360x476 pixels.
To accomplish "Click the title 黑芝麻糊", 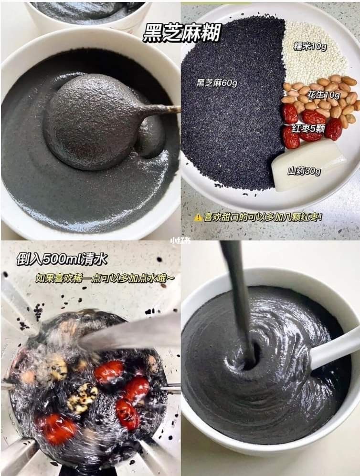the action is (181, 32).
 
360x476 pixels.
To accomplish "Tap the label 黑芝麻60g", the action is (216, 83).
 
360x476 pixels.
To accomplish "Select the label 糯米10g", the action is (310, 46).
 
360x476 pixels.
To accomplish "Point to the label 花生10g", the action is (323, 95).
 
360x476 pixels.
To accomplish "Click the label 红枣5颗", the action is (308, 129).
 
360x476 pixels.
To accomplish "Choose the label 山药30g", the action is (304, 172).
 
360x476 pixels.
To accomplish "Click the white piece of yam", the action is (308, 165).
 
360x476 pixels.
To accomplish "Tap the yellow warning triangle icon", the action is (198, 217).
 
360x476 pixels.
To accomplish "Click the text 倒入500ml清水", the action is (62, 259).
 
